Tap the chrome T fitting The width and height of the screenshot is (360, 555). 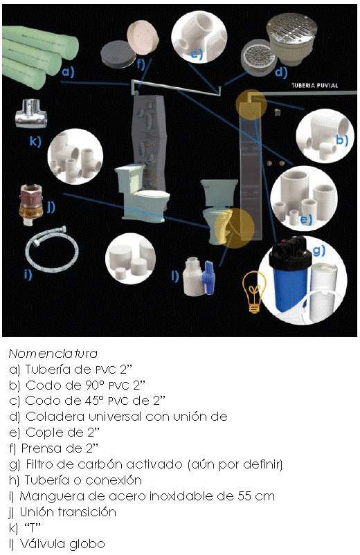click(32, 113)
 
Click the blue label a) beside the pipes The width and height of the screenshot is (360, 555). click(67, 72)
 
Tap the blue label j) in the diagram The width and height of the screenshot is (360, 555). click(50, 206)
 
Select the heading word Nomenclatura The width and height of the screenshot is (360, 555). click(53, 353)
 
